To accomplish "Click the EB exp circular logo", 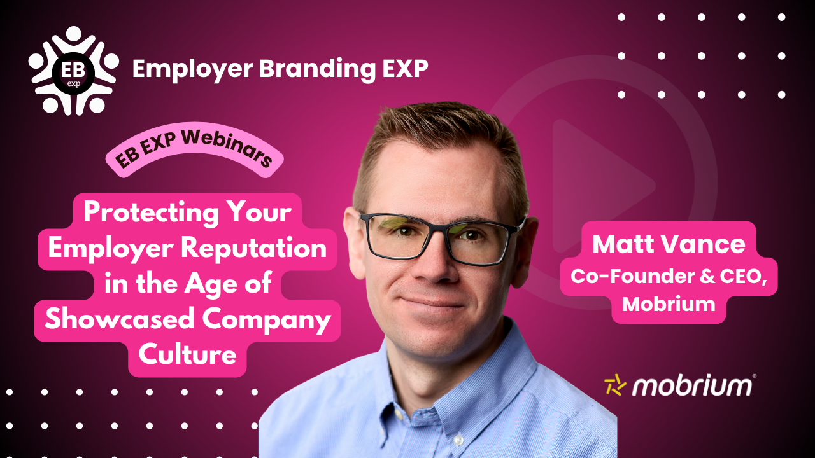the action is pos(73,71).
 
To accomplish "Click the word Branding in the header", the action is pos(317,69).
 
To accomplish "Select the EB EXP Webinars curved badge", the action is pos(194,149).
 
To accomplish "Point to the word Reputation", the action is pos(253,248).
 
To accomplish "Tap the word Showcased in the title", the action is pos(119,319).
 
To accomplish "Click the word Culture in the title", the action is pos(187,354).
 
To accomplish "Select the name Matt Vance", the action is pos(669,244).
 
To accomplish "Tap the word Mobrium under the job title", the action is pos(669,304).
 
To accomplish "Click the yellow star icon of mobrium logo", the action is pos(615,385).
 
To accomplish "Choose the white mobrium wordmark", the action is pos(691,386).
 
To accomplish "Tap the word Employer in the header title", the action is pos(192,69).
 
